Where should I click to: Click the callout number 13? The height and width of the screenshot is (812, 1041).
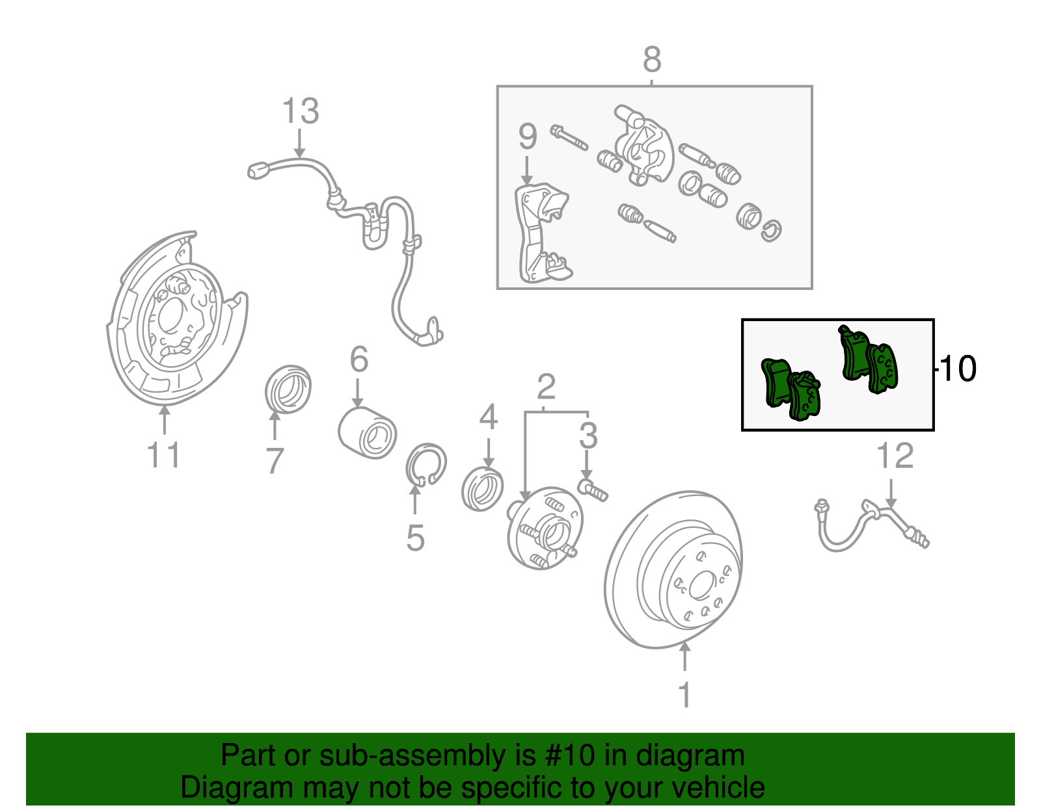tap(301, 111)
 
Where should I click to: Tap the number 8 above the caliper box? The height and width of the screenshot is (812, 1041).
tap(652, 60)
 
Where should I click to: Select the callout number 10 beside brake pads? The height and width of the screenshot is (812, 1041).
tap(958, 369)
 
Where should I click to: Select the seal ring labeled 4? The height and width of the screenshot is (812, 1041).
tap(482, 488)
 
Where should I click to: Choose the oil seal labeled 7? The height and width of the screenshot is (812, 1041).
tap(288, 389)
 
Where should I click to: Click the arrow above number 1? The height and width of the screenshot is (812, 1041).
tap(684, 657)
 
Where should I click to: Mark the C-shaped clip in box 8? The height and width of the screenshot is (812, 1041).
tap(771, 231)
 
